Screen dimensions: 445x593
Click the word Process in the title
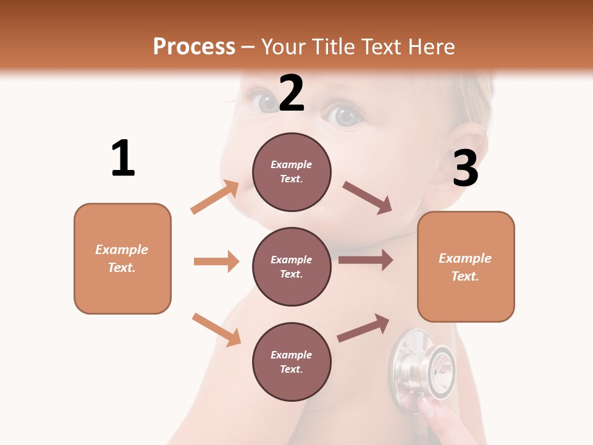[x=194, y=47]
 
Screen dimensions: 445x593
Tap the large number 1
[x=123, y=159]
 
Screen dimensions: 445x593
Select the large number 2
[x=292, y=93]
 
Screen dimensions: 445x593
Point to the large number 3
[x=465, y=169]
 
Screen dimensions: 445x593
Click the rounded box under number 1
[x=122, y=258]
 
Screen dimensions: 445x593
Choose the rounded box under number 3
[x=466, y=266]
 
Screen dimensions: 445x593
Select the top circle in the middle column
[x=292, y=172]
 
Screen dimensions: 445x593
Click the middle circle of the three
[x=292, y=266]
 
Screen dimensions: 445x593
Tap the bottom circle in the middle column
[x=292, y=362]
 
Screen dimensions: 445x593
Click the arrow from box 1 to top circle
[x=215, y=197]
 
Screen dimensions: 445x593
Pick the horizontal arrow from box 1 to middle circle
[x=216, y=261]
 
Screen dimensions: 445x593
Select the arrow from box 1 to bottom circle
[x=216, y=329]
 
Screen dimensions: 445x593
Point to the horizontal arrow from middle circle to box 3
[x=366, y=260]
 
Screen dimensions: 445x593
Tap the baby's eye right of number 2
[x=345, y=116]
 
